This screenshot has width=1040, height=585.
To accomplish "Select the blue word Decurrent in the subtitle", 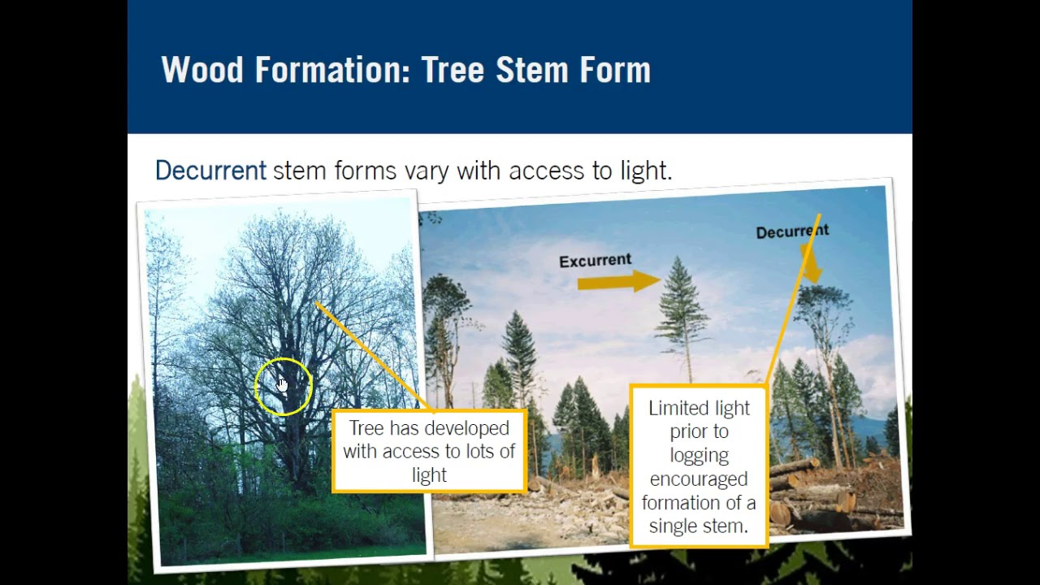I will point(210,171).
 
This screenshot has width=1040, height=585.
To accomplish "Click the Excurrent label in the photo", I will point(595,261).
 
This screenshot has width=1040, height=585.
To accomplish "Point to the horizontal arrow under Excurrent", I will point(617,282).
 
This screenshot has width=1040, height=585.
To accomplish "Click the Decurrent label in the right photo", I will point(791,232).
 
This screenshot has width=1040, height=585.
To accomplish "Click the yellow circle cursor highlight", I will point(283,386).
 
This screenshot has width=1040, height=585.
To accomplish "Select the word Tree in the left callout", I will point(367,428).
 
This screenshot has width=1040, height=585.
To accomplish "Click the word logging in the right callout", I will point(699,455).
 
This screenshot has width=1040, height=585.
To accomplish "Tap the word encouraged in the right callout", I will point(699,479).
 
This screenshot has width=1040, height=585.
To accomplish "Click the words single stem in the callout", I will point(699,526).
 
